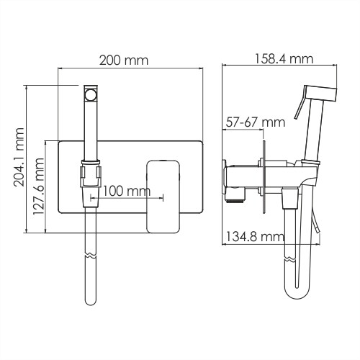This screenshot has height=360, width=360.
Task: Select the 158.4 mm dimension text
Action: [x=284, y=58]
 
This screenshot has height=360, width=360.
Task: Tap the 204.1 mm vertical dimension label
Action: [x=19, y=157]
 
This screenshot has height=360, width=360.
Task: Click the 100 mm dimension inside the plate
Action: [x=125, y=191]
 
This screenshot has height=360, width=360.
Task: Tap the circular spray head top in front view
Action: [x=91, y=93]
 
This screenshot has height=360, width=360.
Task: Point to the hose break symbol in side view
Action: [x=291, y=256]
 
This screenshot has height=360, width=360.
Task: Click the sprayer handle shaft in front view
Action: [x=91, y=130]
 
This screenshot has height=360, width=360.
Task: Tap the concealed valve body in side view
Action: [x=241, y=175]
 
